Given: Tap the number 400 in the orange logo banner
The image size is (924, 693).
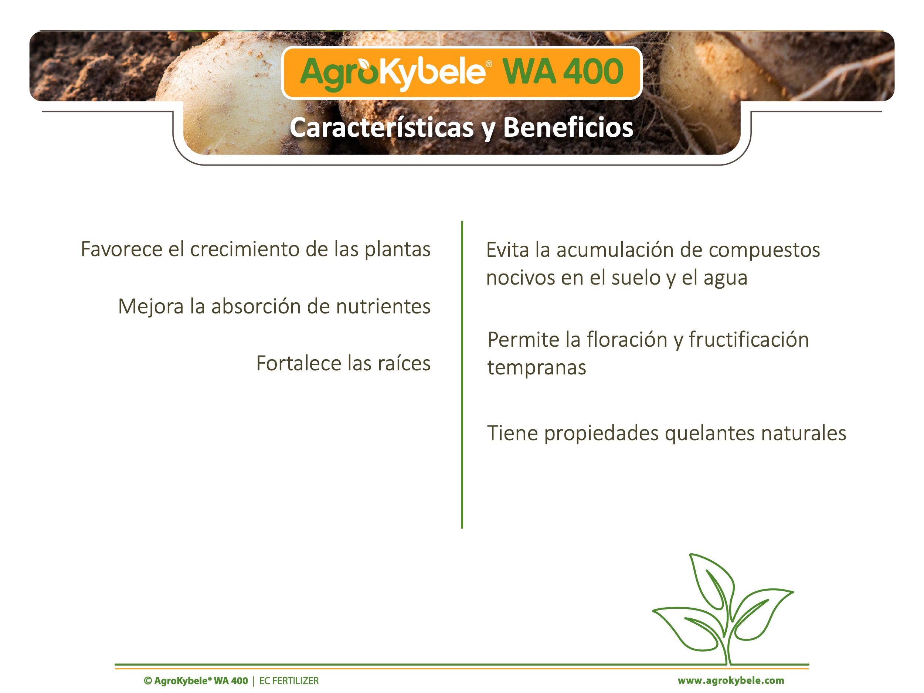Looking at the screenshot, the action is [x=593, y=71].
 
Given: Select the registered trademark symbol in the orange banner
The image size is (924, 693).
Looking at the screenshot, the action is [x=489, y=64].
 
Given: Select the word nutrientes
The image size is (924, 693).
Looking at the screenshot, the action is [x=383, y=307].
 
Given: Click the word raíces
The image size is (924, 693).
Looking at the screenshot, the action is [x=404, y=363].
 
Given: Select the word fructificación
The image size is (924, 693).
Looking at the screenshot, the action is [x=748, y=339].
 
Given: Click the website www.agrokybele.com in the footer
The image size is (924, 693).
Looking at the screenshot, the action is [x=731, y=681].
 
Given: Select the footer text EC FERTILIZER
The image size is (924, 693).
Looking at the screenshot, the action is [x=289, y=681].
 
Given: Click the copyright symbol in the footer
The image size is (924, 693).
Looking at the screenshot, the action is [x=148, y=681].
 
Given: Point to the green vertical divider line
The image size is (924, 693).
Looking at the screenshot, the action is [x=462, y=375].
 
